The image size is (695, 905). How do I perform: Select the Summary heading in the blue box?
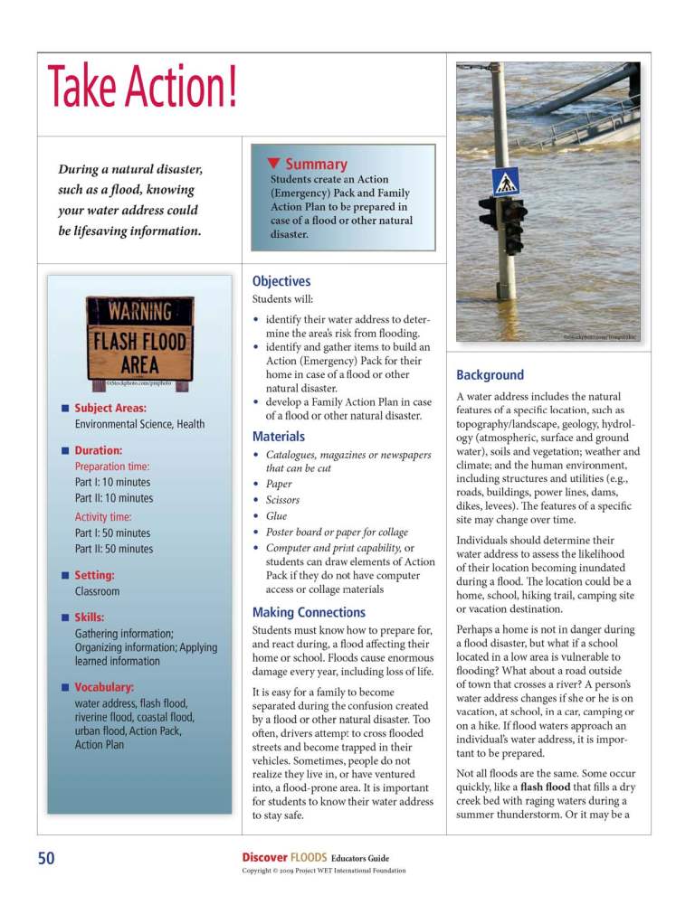click(x=316, y=165)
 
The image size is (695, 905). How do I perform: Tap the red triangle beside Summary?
click(x=273, y=164)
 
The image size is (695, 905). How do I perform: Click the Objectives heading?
click(x=281, y=281)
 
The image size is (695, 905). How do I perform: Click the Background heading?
click(x=490, y=374)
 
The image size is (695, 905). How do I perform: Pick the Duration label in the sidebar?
click(x=99, y=449)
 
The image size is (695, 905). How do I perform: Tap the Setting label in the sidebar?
click(x=94, y=574)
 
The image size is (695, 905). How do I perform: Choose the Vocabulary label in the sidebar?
click(x=104, y=686)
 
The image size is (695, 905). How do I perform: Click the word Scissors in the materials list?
click(x=282, y=500)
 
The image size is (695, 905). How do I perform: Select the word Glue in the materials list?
click(x=276, y=516)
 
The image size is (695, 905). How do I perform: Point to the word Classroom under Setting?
click(x=97, y=591)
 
